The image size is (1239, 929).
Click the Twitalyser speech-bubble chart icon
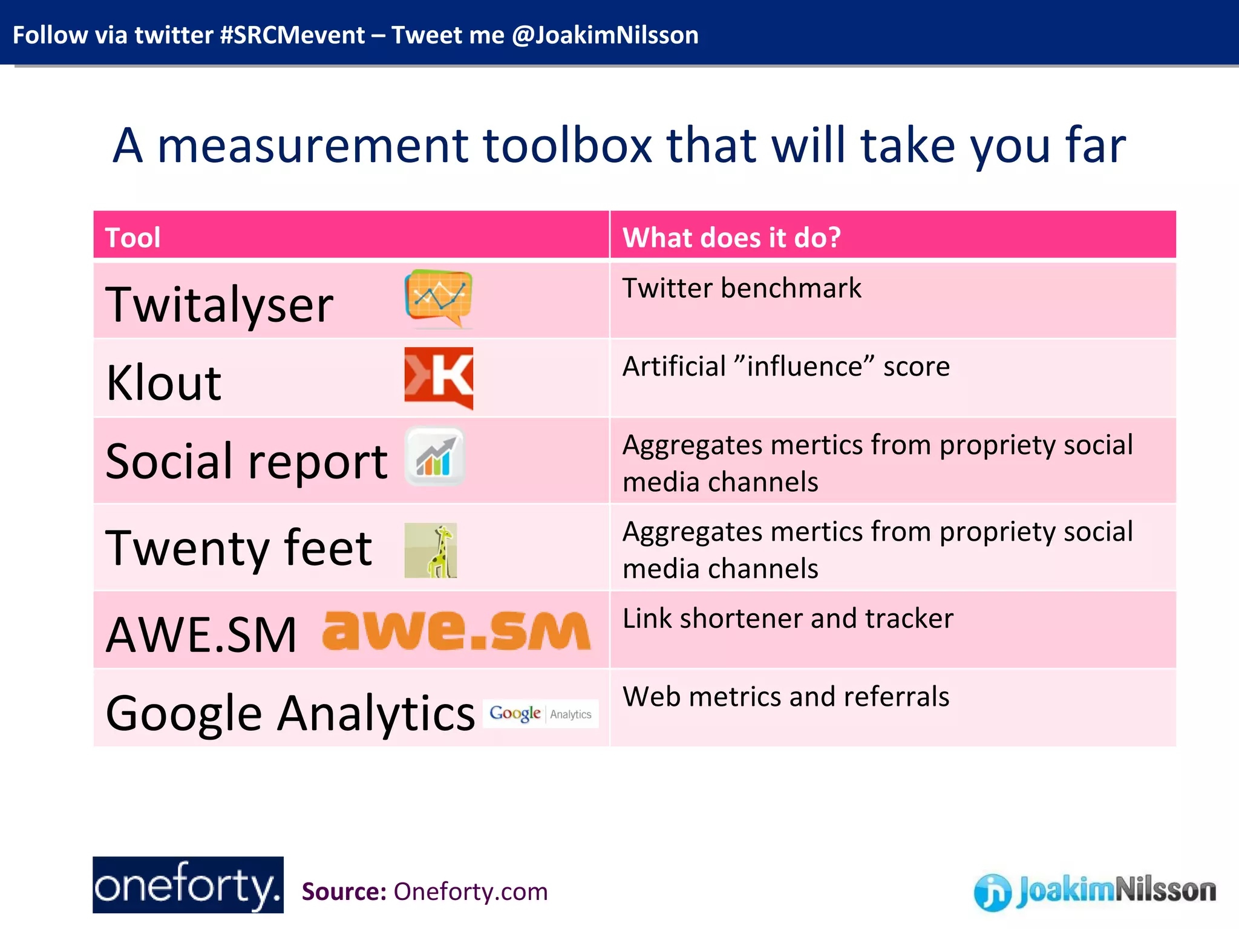[439, 298]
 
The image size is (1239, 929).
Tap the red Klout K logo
[439, 377]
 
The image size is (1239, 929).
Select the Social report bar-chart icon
[434, 457]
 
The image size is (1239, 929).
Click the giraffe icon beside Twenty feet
[431, 550]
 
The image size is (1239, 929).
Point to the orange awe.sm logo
[456, 630]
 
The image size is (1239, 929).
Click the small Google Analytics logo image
[540, 714]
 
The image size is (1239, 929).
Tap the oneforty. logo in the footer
[188, 885]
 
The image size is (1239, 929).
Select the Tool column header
[133, 237]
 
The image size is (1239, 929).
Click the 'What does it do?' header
[731, 237]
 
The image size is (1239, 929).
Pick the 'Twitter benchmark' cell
[742, 288]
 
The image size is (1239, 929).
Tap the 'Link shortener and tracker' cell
[788, 618]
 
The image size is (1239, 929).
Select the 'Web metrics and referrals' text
[786, 697]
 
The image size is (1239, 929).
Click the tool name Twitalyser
[219, 305]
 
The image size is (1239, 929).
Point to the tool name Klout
[163, 383]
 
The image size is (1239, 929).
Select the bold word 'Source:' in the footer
[344, 892]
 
